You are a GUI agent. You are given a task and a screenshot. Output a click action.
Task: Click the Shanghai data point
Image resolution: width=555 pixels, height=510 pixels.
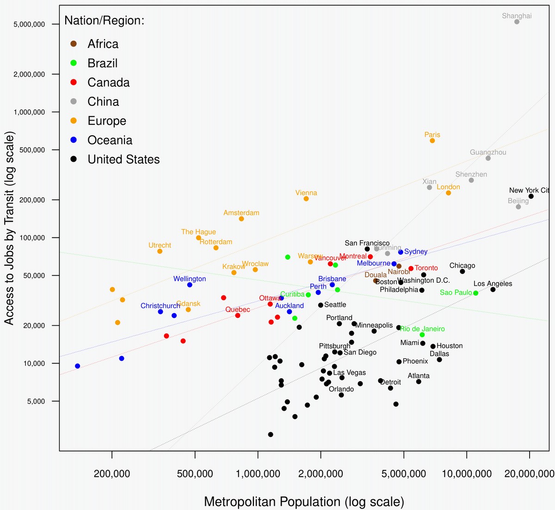click(517, 22)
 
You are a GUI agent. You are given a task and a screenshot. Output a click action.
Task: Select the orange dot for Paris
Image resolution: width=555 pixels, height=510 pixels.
click(432, 140)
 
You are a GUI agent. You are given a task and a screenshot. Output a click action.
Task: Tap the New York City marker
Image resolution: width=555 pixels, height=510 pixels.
click(531, 196)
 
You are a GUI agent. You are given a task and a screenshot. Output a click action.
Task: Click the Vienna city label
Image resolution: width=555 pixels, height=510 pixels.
click(306, 193)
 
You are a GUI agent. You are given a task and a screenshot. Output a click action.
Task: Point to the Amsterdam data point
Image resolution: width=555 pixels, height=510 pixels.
click(241, 219)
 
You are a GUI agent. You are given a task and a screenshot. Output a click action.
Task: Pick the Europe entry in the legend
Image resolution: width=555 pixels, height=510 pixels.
click(107, 121)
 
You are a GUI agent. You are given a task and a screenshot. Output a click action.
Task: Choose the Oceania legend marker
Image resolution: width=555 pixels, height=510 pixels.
click(74, 140)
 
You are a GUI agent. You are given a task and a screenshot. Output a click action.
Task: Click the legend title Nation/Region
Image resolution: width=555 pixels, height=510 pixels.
click(105, 20)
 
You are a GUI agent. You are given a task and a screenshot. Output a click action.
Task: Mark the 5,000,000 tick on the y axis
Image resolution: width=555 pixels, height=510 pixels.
click(29, 24)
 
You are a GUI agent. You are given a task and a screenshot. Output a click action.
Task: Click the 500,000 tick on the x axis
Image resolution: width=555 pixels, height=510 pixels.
click(195, 474)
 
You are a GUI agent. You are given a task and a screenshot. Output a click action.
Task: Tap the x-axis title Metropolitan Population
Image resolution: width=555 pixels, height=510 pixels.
click(304, 502)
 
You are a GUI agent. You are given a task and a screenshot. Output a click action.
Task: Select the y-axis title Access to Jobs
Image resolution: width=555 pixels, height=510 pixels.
click(9, 228)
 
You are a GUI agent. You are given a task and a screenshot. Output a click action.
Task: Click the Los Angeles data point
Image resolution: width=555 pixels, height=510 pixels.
click(493, 290)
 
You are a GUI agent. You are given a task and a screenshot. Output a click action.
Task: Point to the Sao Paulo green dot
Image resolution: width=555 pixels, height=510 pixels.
click(476, 293)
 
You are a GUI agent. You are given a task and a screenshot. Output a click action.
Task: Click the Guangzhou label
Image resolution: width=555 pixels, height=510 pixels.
click(488, 152)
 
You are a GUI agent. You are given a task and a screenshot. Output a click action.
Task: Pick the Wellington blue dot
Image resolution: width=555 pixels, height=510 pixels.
click(190, 285)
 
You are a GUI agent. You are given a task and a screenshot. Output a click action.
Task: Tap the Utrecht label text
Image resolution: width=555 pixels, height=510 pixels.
click(160, 245)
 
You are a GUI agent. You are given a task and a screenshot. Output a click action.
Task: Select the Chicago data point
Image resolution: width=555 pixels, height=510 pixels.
click(462, 272)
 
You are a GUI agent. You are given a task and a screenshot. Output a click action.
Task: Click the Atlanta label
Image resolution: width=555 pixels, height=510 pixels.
click(419, 376)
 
